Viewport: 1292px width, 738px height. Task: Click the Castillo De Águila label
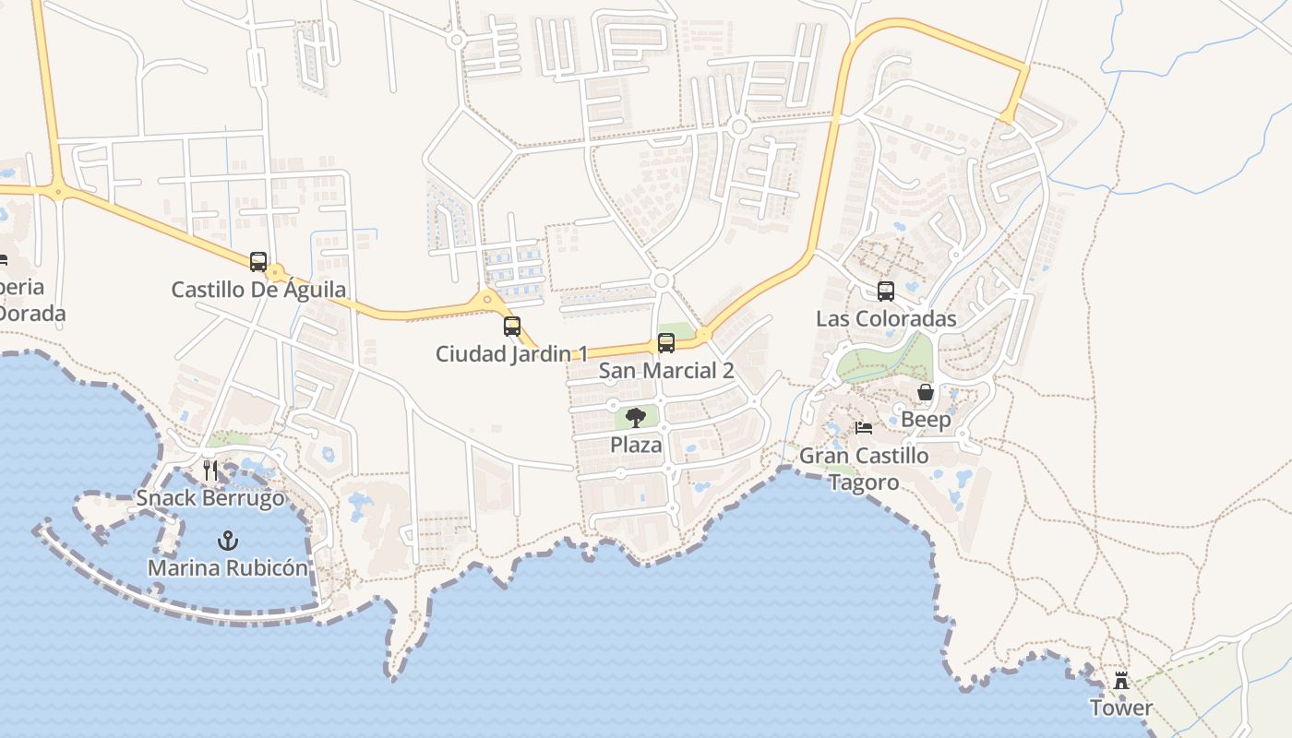(258, 290)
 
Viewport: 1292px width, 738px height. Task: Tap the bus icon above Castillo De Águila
(258, 262)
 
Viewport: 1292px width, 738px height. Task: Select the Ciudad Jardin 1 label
(511, 353)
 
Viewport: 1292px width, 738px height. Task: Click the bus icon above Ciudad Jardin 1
(512, 326)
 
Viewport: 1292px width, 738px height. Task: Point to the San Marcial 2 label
(666, 371)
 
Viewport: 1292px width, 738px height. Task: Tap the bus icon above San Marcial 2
(666, 343)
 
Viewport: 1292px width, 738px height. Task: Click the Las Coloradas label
(886, 319)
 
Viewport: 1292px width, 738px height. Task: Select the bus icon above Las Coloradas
(886, 292)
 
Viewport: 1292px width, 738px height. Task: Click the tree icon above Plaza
(636, 417)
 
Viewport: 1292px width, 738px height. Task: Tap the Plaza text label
(636, 445)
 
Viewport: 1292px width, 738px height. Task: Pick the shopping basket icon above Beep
(926, 393)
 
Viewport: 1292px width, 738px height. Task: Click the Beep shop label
(926, 421)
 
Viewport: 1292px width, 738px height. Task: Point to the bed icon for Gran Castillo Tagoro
(864, 428)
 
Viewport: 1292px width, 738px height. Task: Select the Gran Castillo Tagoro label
(864, 469)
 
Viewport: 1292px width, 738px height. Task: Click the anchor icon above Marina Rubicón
(227, 540)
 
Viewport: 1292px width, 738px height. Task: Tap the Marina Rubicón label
(227, 567)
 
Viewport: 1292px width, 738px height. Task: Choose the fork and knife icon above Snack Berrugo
(210, 470)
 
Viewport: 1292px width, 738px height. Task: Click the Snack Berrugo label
(210, 498)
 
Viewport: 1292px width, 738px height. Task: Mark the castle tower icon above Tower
(1121, 681)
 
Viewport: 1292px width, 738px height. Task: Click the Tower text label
(1121, 708)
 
